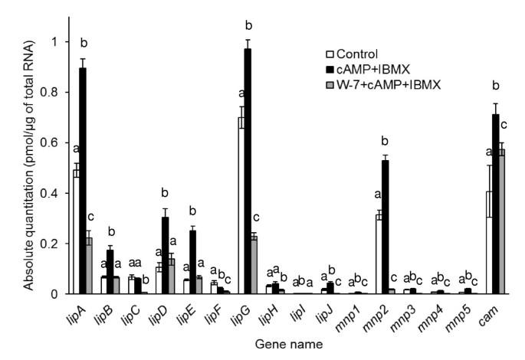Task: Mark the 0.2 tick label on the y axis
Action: pyautogui.click(x=53, y=244)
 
